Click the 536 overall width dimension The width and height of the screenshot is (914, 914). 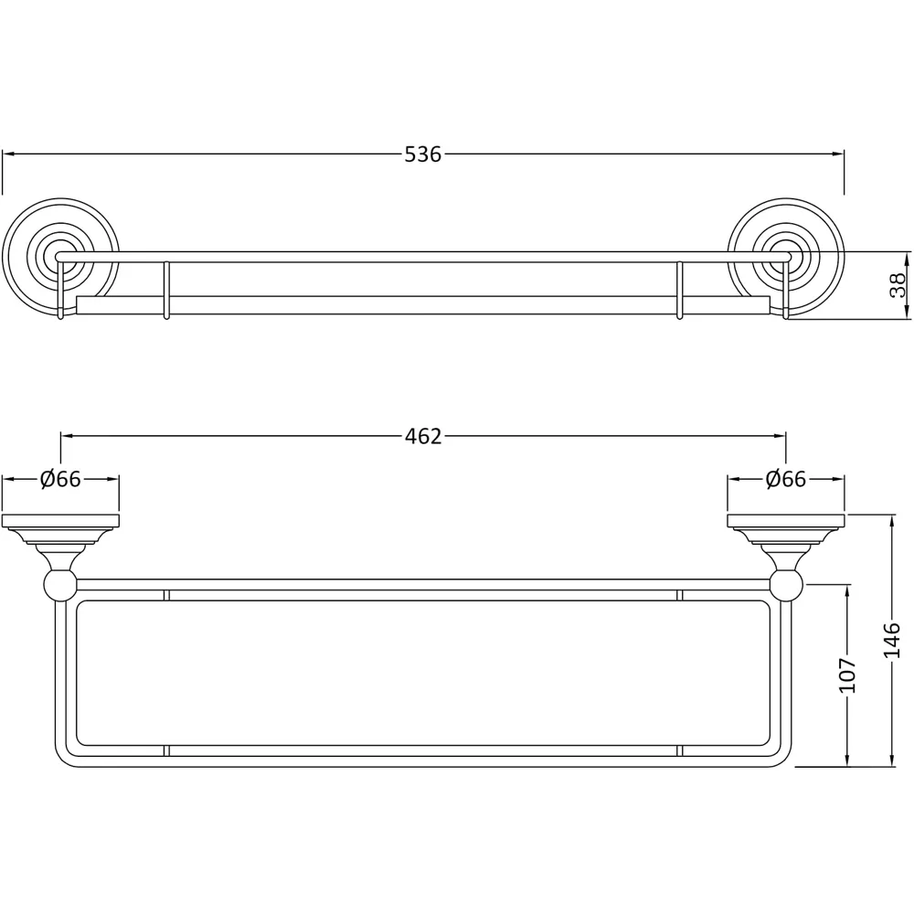pos(423,154)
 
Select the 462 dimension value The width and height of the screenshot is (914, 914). pos(423,436)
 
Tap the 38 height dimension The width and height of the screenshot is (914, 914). pos(898,285)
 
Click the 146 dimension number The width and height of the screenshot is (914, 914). pos(893,641)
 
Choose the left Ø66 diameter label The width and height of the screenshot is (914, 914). pos(61,479)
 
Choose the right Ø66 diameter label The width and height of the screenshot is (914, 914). pos(786,479)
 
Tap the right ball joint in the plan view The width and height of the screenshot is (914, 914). pos(786,583)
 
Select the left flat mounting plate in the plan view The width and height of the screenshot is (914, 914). pos(60,522)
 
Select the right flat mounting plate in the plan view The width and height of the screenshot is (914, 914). pos(786,522)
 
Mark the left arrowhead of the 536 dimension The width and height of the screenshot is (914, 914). pos(7,154)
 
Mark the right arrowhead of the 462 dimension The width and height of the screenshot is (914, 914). pos(781,436)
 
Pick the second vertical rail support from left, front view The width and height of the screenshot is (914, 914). pos(165,291)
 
